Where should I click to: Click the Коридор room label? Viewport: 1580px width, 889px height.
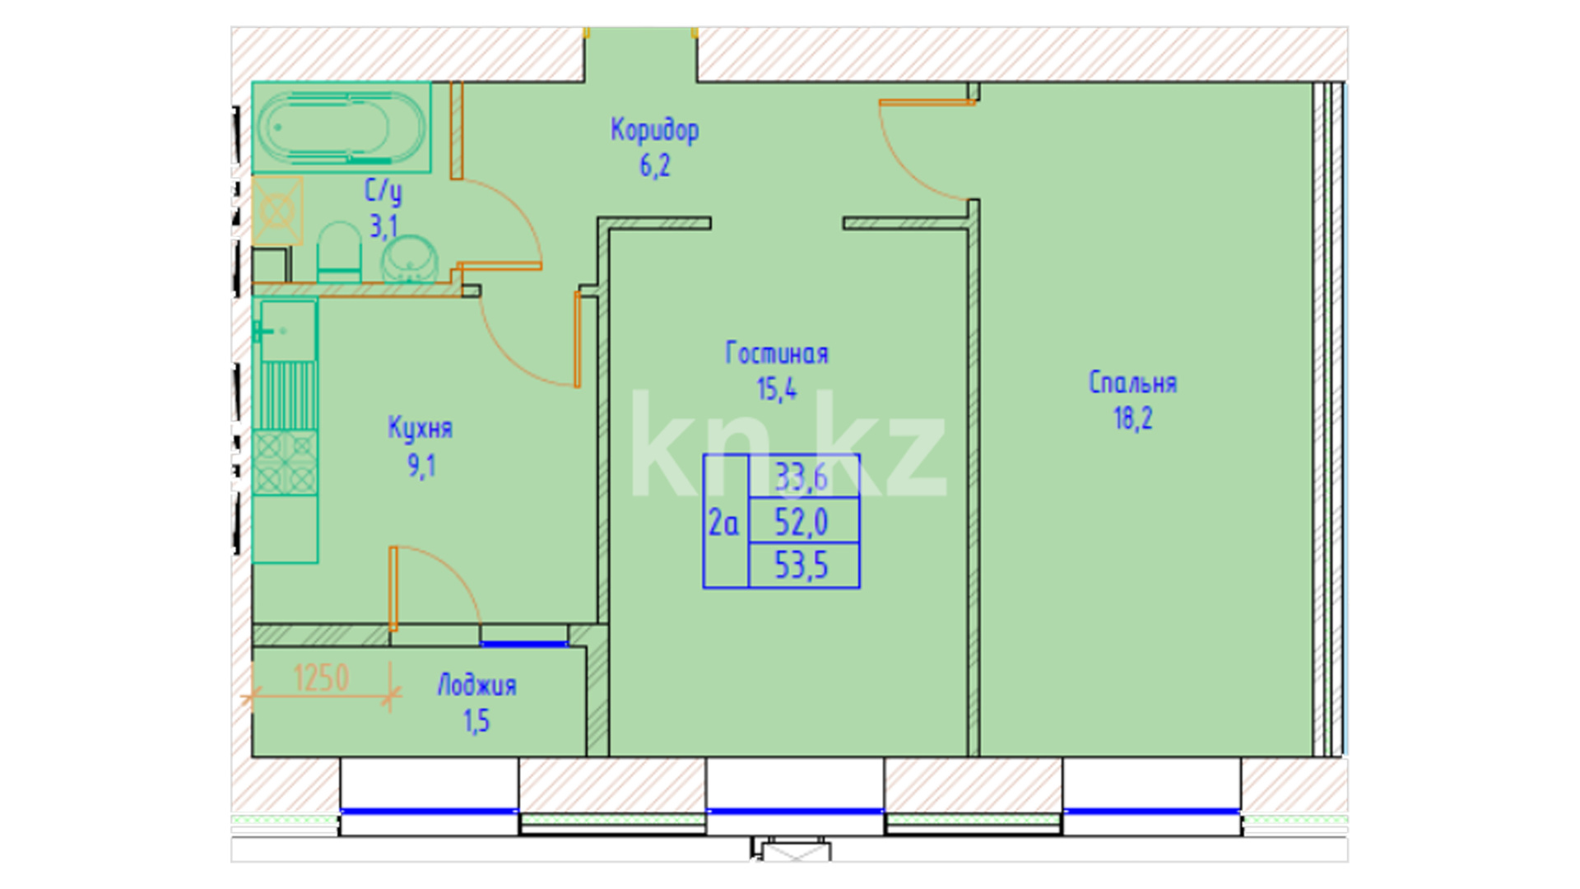point(654,130)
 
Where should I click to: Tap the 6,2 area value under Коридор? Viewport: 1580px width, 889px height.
point(654,165)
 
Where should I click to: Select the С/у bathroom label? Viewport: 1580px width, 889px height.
point(383,191)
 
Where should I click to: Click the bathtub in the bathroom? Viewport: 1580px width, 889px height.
point(342,128)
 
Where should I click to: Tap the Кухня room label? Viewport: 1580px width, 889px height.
point(420,428)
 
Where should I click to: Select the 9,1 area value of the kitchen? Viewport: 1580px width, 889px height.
point(421,466)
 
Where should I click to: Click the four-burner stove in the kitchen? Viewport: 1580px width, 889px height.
point(285,463)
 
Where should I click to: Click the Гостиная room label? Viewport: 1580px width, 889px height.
point(776,353)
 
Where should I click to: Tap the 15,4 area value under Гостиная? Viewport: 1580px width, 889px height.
point(776,389)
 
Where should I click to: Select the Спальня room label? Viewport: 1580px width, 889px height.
point(1132,383)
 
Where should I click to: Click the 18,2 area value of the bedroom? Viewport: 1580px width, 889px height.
point(1132,418)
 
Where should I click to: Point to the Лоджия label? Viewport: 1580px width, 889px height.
point(476,686)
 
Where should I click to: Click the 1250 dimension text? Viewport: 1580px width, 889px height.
point(321,678)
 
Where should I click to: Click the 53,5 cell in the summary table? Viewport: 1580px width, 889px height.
point(802,566)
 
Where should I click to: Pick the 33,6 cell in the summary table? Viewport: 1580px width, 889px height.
point(802,477)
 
